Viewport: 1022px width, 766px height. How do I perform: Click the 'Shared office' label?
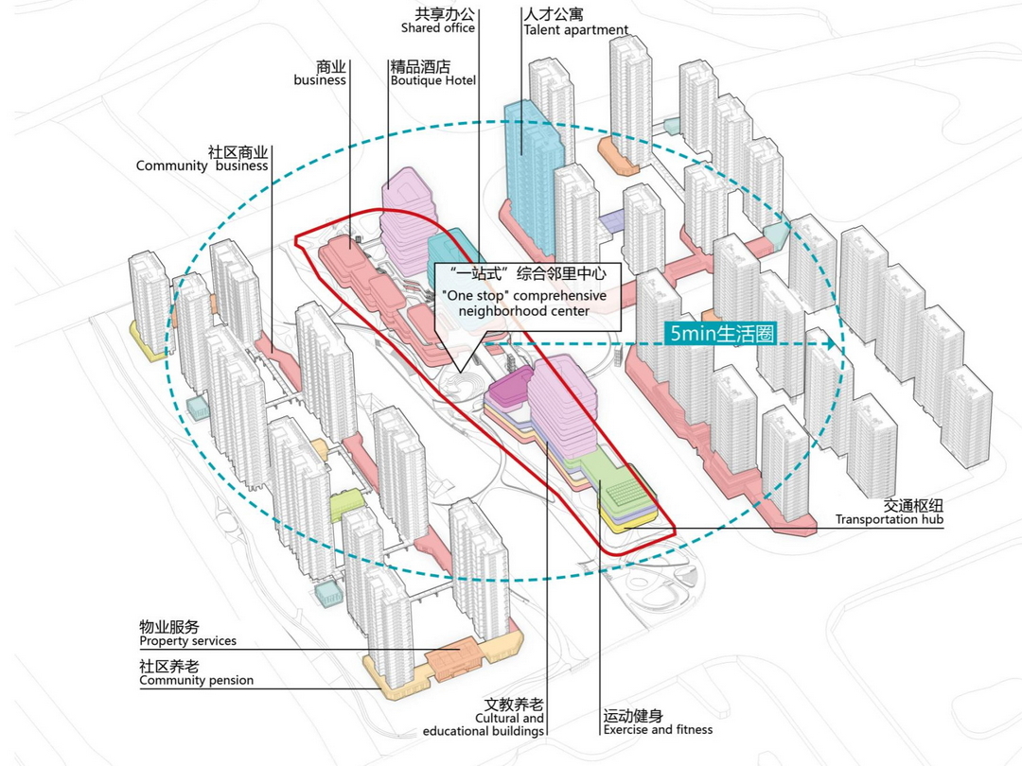click(438, 28)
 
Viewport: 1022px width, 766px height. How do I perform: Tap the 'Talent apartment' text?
click(575, 30)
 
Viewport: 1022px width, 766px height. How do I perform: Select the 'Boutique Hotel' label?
click(433, 80)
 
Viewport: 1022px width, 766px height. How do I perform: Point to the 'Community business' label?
click(203, 165)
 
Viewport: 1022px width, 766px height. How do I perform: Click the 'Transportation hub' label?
click(889, 519)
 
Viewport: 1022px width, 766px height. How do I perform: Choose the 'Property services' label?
click(187, 641)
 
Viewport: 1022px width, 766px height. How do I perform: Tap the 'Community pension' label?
click(196, 680)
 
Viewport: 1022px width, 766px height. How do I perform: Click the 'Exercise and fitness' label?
click(658, 729)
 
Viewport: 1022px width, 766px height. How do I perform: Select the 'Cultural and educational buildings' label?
click(483, 724)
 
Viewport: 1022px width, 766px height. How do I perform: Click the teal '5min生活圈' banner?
click(722, 334)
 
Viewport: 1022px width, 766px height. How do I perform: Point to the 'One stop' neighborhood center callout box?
click(528, 297)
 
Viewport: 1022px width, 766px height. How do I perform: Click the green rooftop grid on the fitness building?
click(623, 489)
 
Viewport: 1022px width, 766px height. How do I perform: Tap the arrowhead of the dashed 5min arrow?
click(832, 344)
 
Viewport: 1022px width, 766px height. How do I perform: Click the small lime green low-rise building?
click(345, 504)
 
